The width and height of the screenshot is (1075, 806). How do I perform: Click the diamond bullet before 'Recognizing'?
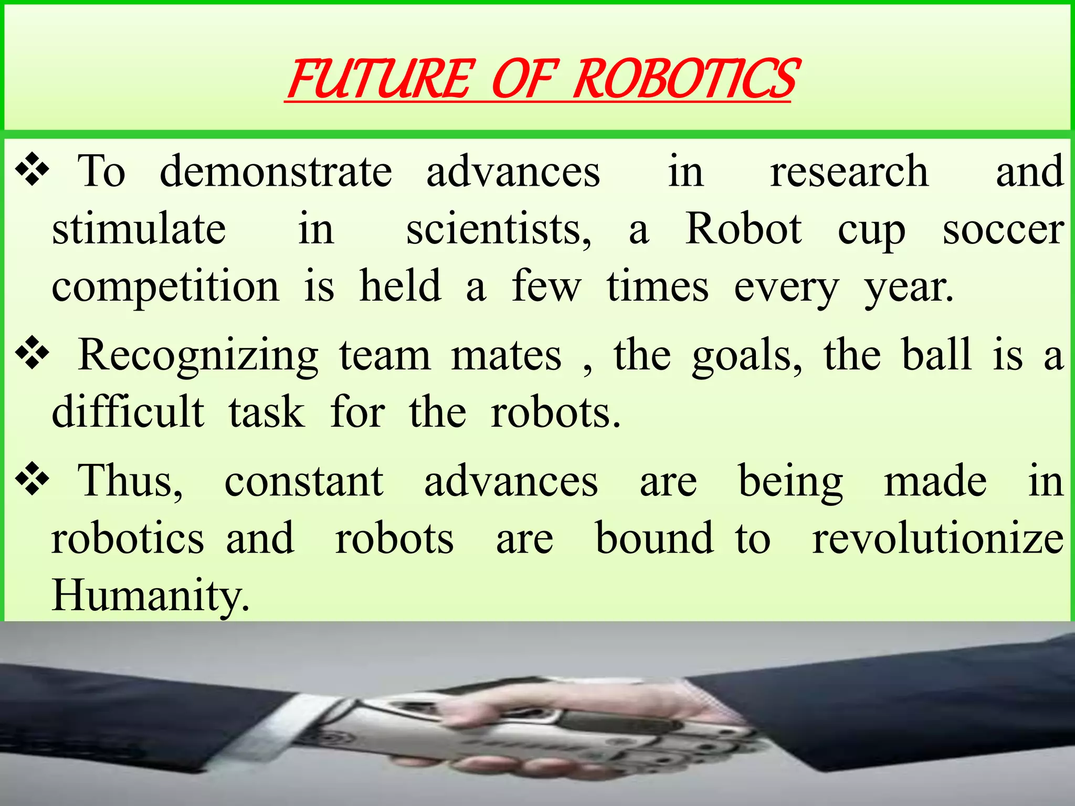(x=33, y=354)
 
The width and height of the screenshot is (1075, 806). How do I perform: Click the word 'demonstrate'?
(x=276, y=172)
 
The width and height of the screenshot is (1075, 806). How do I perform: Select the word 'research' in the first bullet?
(x=849, y=172)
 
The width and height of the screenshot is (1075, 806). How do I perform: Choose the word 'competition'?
(x=165, y=288)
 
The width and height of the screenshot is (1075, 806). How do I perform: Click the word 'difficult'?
(x=128, y=412)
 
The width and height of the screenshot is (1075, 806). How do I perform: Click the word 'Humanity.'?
(x=151, y=596)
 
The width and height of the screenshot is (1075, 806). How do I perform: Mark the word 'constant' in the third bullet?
(x=304, y=482)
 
